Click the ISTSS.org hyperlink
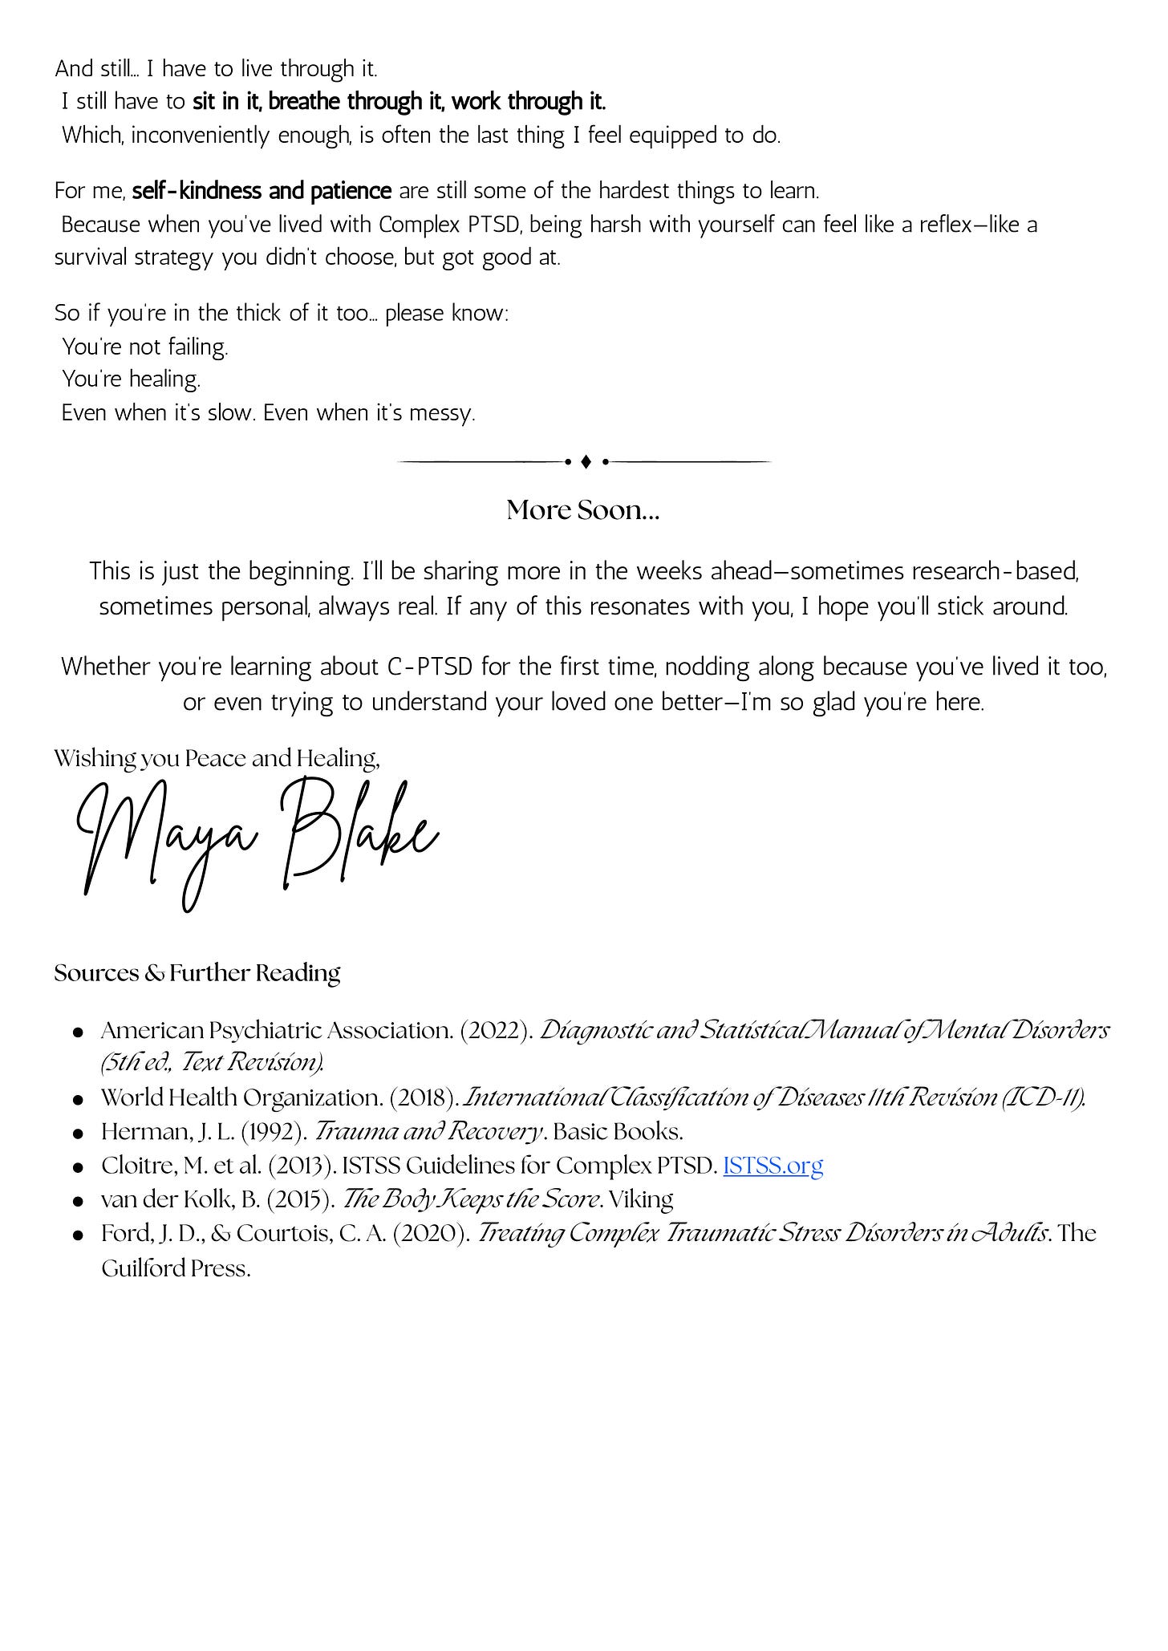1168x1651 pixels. click(773, 1165)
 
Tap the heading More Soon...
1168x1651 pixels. click(583, 510)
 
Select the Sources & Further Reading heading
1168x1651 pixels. click(197, 973)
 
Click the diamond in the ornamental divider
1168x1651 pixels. click(586, 462)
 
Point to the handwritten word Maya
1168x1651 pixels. click(168, 842)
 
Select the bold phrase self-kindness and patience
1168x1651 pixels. click(262, 192)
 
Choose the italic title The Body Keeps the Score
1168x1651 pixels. click(471, 1199)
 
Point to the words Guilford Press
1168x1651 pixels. click(176, 1268)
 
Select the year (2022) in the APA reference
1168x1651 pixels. click(497, 1030)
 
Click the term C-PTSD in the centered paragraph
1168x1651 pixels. click(430, 667)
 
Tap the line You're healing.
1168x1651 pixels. click(132, 379)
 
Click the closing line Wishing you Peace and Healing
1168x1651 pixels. click(217, 759)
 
